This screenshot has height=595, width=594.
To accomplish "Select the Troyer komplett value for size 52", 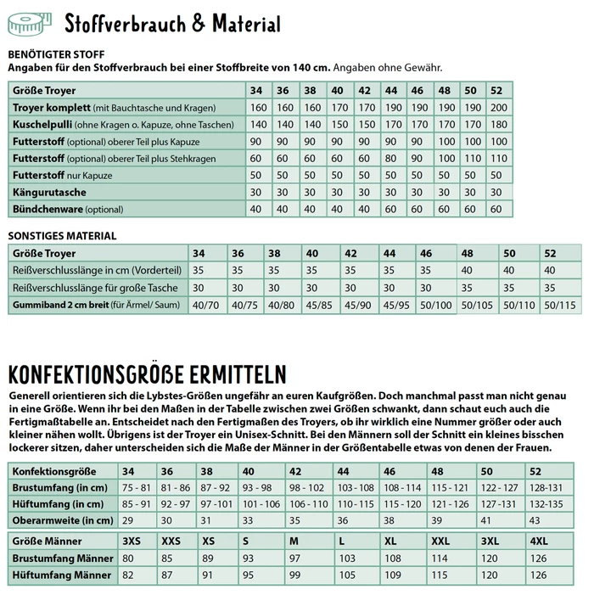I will click(x=498, y=108).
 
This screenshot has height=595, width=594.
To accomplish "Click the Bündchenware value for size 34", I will click(x=258, y=209).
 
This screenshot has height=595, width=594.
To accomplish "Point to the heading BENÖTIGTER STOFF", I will click(x=57, y=53).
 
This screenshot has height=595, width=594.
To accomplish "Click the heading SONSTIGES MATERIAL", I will click(x=62, y=236).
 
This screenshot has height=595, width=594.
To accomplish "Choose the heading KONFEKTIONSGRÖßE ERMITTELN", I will click(x=146, y=374).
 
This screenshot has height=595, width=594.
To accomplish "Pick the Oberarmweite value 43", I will click(x=534, y=520).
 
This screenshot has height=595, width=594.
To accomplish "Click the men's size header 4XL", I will click(x=539, y=541).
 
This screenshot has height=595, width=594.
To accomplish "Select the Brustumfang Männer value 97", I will click(x=295, y=559).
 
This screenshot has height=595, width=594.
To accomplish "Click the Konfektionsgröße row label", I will click(x=54, y=471).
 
